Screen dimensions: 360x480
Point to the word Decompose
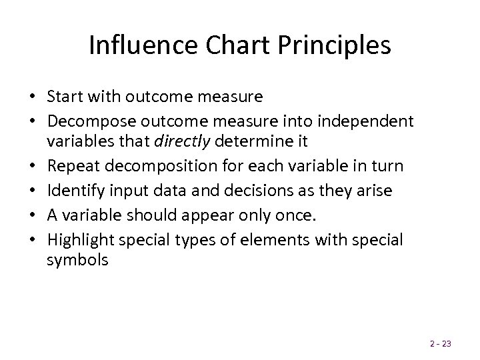(85, 122)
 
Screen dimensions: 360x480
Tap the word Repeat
(71, 165)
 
